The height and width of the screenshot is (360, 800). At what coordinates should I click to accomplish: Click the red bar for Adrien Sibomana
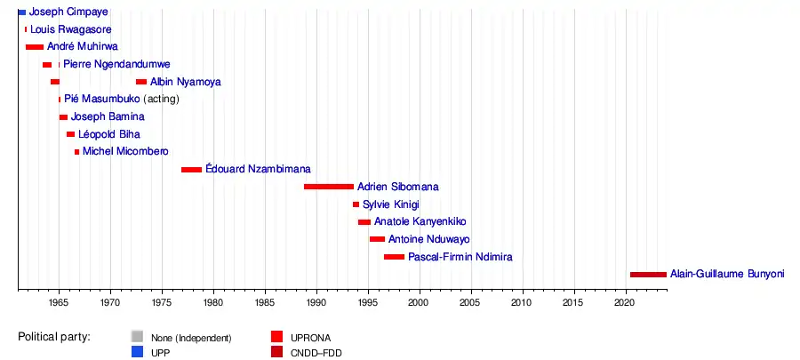click(328, 187)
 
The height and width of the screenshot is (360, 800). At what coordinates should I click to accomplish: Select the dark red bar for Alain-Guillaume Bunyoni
click(647, 275)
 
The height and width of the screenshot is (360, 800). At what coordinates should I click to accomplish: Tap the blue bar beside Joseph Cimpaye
click(22, 12)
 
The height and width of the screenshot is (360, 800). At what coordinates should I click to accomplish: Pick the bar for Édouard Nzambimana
click(191, 169)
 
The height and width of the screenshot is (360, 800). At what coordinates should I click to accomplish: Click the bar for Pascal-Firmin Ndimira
click(394, 257)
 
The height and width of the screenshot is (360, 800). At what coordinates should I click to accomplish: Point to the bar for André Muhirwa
click(35, 47)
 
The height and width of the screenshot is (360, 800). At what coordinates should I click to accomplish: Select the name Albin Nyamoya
click(186, 82)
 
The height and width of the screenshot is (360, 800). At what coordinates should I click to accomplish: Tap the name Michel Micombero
click(125, 152)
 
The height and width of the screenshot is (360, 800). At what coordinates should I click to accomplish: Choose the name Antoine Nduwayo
click(429, 239)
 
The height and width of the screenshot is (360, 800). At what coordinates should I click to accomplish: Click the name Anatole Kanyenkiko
click(420, 221)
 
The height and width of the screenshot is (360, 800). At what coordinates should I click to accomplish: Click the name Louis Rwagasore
click(71, 29)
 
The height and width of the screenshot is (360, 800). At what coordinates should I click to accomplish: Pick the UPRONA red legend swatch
click(276, 337)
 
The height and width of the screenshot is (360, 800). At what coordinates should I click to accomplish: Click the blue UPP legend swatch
click(136, 353)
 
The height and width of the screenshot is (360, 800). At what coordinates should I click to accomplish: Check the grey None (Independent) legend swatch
click(136, 337)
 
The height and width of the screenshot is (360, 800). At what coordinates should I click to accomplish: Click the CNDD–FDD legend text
click(316, 353)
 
